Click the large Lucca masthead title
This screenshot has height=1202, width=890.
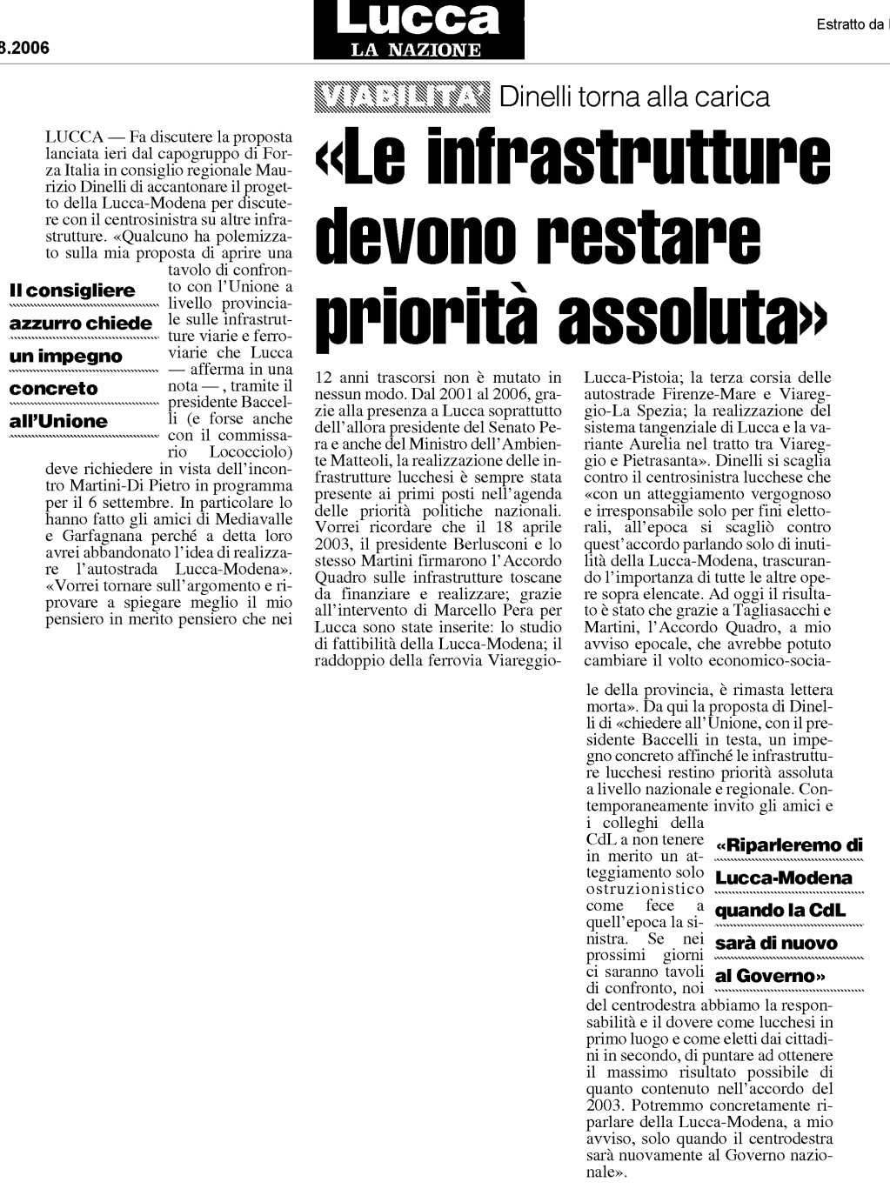point(418,18)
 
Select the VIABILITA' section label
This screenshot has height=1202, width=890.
point(402,96)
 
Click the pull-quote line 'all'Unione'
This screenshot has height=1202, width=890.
point(58,422)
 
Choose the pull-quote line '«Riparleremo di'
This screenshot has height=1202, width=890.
point(788,845)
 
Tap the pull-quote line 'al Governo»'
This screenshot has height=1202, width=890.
point(769,976)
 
